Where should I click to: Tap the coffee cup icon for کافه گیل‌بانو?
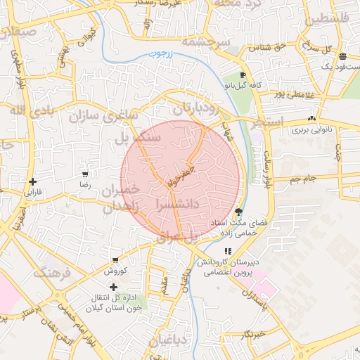(x=243, y=75)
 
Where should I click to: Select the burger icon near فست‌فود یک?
(x=342, y=56)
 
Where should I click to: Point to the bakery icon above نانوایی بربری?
(x=311, y=119)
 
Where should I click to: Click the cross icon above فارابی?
(x=33, y=181)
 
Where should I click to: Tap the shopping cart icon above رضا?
(x=85, y=174)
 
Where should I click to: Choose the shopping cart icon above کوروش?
(x=115, y=260)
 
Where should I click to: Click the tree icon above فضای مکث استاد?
(x=238, y=212)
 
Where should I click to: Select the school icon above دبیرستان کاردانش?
(x=227, y=251)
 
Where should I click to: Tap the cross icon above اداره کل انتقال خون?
(x=113, y=287)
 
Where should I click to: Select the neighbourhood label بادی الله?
(x=23, y=110)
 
